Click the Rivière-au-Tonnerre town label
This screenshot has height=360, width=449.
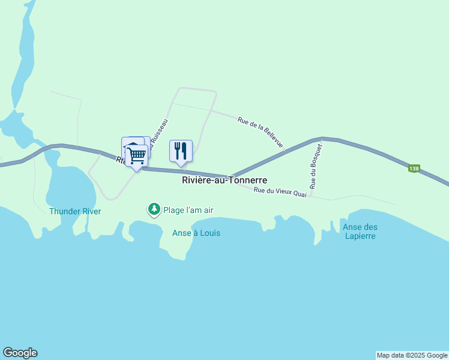pyautogui.click(x=224, y=180)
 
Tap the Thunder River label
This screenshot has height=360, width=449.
pyautogui.click(x=75, y=211)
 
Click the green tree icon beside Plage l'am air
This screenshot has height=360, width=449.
pyautogui.click(x=154, y=209)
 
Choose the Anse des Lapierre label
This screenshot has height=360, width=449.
pyautogui.click(x=360, y=231)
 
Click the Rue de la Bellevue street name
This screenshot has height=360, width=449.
pyautogui.click(x=260, y=131)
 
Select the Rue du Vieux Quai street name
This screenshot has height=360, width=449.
pyautogui.click(x=280, y=192)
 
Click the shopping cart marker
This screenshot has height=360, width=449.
pyautogui.click(x=137, y=155)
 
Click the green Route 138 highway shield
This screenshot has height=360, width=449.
pyautogui.click(x=414, y=169)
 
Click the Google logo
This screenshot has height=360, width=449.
pyautogui.click(x=20, y=353)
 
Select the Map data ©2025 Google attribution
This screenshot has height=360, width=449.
pyautogui.click(x=412, y=355)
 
